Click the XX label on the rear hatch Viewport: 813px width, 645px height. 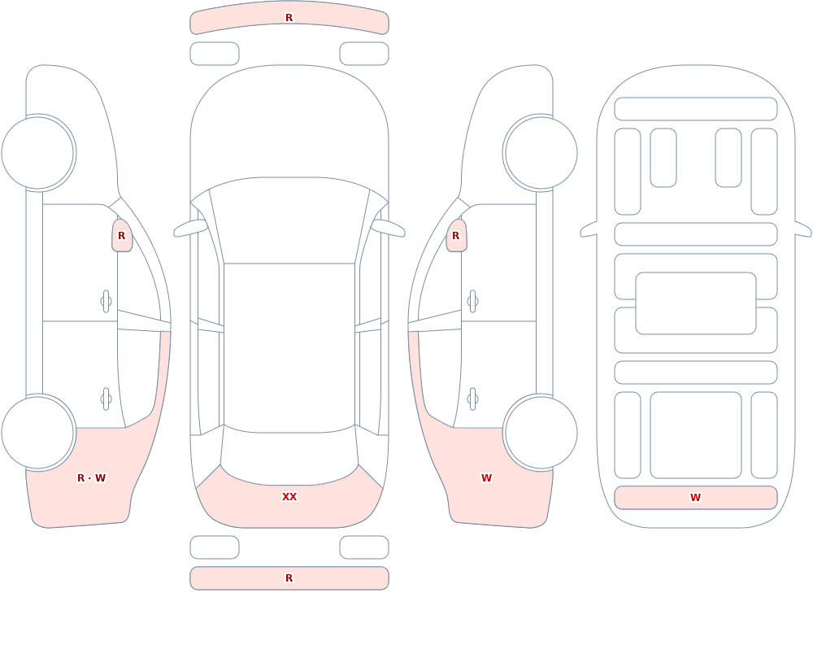pos(289,497)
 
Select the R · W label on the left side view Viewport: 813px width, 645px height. pos(91,478)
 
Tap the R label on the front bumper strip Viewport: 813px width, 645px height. pos(289,18)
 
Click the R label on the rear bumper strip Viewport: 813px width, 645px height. pos(289,578)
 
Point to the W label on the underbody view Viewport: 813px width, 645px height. pos(695,498)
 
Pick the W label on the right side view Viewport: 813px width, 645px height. pos(486,478)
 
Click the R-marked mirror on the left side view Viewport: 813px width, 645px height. pos(122,236)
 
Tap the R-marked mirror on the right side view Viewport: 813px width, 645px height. pos(456,236)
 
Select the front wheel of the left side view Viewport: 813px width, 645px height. pos(38,153)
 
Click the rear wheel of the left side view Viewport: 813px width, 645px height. pos(38,432)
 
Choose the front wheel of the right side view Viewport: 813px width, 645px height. pos(541,153)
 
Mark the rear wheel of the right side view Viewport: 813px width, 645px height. pos(541,432)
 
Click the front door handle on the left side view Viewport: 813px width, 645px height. pos(107,302)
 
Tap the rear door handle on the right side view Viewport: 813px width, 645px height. pos(472,399)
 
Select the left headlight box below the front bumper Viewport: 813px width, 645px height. pos(215,54)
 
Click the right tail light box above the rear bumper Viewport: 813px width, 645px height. pos(364,547)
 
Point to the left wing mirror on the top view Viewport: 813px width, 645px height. pos(189,228)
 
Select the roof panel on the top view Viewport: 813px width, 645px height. pos(289,347)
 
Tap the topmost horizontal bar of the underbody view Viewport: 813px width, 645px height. pos(696,109)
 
